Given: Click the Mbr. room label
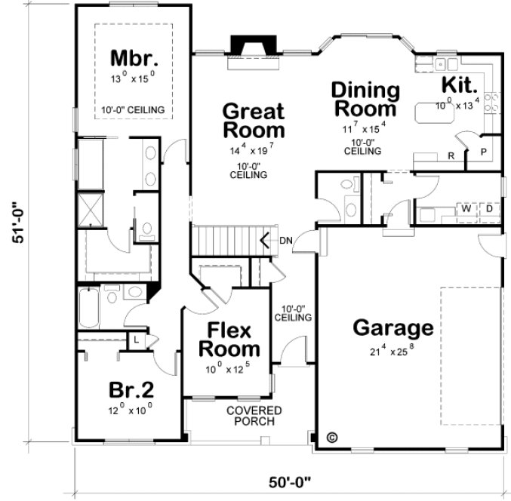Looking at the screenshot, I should (132, 58).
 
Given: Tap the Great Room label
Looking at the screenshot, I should (254, 121).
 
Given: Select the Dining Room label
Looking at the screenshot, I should (365, 99).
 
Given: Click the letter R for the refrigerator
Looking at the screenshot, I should (451, 157).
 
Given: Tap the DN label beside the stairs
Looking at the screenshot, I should (286, 241).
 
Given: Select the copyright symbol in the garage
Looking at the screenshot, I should (331, 437).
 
